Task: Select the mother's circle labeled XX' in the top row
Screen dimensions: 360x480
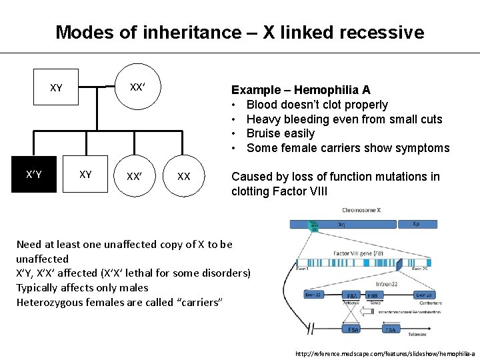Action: (x=137, y=87)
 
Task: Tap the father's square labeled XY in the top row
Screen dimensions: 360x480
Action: (x=57, y=87)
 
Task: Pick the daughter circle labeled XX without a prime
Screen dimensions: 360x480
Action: (x=183, y=177)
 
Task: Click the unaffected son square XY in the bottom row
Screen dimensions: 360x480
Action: (x=85, y=175)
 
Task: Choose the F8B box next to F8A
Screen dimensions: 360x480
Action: (x=375, y=295)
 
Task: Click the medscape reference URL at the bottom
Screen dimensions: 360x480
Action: (x=385, y=353)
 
